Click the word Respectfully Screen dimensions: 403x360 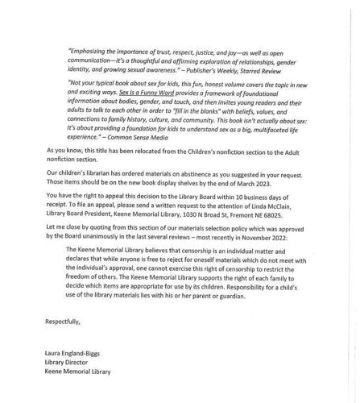point(64,321)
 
